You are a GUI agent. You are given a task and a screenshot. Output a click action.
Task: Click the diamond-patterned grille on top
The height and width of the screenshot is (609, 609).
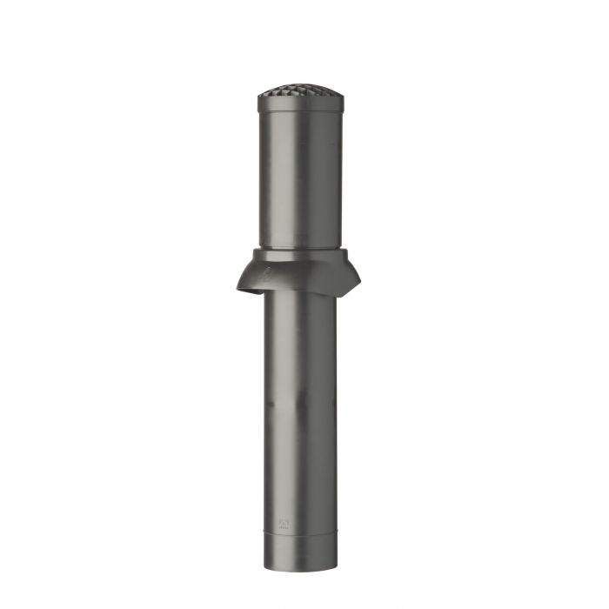(300, 93)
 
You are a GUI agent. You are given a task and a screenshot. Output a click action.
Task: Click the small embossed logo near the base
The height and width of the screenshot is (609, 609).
(284, 524)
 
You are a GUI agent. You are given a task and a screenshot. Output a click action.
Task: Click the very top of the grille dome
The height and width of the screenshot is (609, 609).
(300, 86)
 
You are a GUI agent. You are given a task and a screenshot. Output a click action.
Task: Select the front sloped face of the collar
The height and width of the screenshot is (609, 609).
(300, 274)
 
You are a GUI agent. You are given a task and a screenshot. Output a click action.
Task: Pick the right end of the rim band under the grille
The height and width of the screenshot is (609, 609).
(341, 104)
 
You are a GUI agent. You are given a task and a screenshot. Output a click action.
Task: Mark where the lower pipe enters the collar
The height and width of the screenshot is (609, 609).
(300, 294)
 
